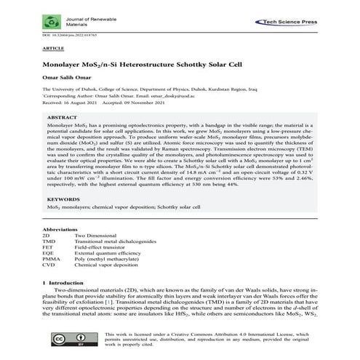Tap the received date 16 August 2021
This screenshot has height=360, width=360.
pyautogui.click(x=80, y=101)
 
